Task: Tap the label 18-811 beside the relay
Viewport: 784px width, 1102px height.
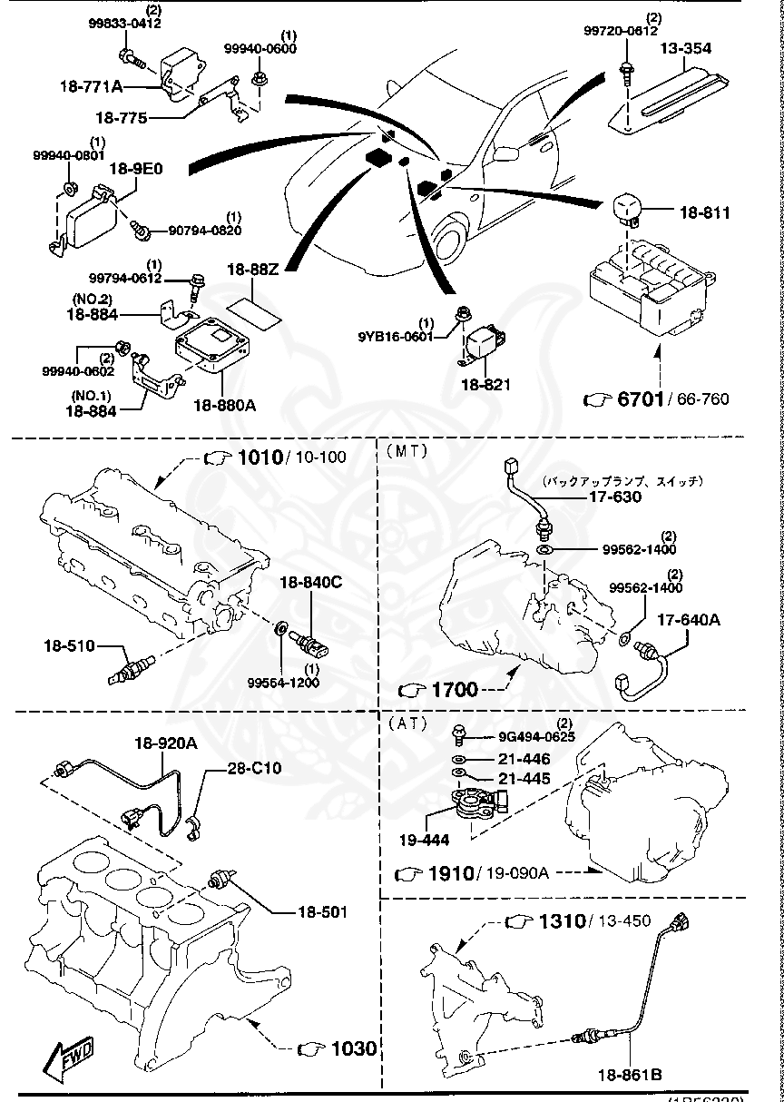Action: coord(705,212)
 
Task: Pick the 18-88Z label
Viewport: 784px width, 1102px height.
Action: coord(253,269)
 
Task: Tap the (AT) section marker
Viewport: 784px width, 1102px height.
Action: coord(406,723)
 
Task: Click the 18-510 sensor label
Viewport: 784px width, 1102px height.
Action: coord(70,645)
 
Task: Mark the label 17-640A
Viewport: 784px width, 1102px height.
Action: coord(689,620)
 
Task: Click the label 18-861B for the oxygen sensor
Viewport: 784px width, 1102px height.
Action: coord(629,1076)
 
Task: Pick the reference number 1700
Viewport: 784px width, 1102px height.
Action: coord(454,689)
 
